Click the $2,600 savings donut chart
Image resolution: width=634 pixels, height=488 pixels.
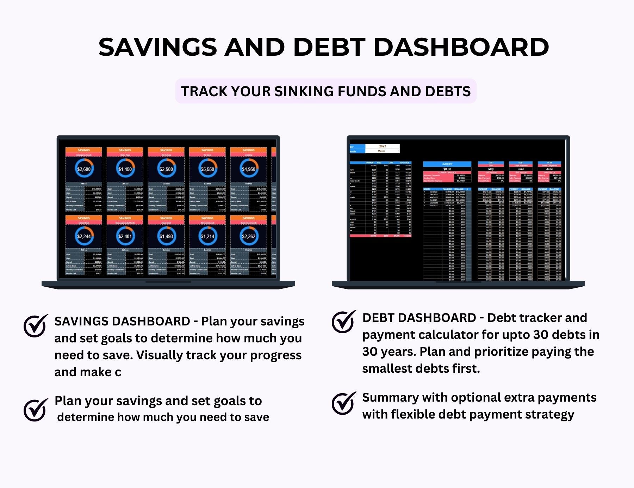tap(84, 169)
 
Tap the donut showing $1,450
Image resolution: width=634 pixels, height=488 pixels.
tap(125, 169)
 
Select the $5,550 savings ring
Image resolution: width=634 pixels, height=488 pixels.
tap(207, 169)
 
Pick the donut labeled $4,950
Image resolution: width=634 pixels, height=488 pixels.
tap(249, 169)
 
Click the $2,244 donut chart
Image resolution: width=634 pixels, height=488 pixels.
tap(84, 236)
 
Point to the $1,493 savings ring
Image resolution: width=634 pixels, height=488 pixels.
tap(166, 236)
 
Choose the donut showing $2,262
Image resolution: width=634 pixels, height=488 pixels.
tap(249, 236)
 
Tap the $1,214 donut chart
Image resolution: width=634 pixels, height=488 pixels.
tap(207, 236)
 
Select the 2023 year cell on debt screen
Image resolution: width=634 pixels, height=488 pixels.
tap(383, 146)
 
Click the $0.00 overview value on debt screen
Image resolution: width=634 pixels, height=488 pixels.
tap(447, 169)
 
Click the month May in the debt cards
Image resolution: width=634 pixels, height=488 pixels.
tap(491, 169)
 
